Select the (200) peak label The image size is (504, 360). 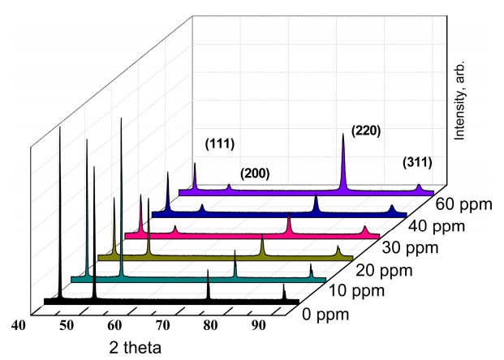coord(255,174)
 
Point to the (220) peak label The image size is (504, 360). coord(365,131)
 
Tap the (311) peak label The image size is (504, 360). coord(417,162)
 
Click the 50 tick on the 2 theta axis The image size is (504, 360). coord(66,326)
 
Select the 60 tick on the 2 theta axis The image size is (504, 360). coord(115,326)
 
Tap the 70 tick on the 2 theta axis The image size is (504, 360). coord(163,326)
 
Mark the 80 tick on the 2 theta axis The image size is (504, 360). coord(211,326)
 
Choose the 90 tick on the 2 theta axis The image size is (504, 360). coord(259,326)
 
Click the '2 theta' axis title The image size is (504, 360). coord(136,347)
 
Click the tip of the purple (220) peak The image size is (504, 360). coord(343,135)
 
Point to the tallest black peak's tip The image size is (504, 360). coord(60,127)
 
